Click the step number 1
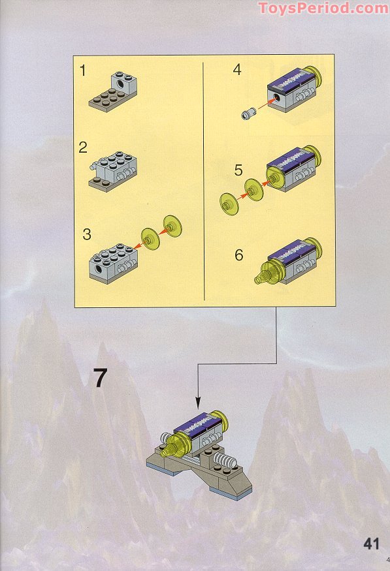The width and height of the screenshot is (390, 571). pyautogui.click(x=83, y=70)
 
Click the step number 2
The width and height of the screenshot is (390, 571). pyautogui.click(x=83, y=147)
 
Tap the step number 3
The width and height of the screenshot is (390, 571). pyautogui.click(x=86, y=234)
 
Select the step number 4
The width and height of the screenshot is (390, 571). pyautogui.click(x=237, y=70)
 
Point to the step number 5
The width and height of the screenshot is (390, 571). pyautogui.click(x=238, y=170)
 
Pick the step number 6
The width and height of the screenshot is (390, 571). pyautogui.click(x=238, y=255)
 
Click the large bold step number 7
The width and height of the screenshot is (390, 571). pyautogui.click(x=99, y=378)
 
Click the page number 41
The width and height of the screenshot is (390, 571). pyautogui.click(x=372, y=544)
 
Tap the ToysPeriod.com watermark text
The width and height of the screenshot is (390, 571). pyautogui.click(x=323, y=8)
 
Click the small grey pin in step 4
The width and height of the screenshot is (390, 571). pyautogui.click(x=247, y=114)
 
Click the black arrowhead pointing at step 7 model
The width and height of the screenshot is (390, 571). pyautogui.click(x=198, y=403)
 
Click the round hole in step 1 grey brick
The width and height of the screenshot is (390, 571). pyautogui.click(x=120, y=85)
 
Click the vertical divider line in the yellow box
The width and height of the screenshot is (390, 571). pyautogui.click(x=203, y=181)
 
